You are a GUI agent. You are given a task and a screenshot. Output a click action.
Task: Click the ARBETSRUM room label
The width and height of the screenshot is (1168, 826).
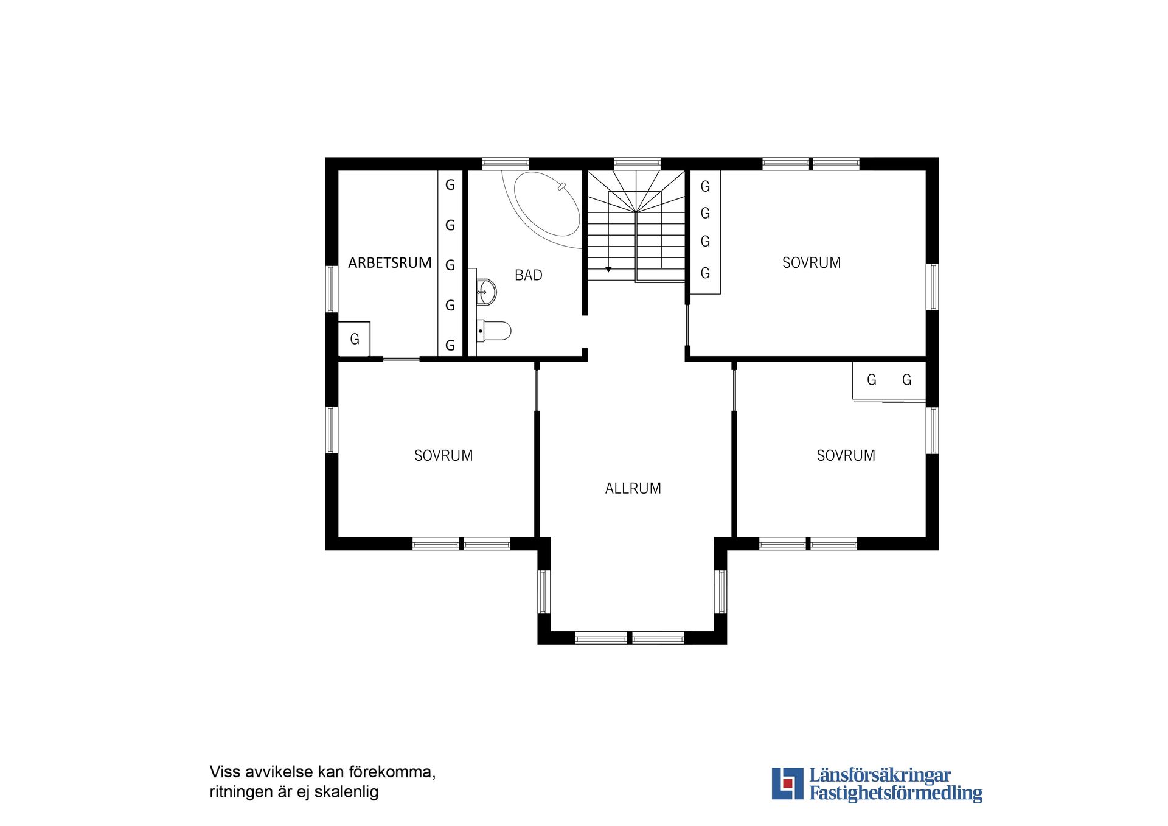pyautogui.click(x=389, y=263)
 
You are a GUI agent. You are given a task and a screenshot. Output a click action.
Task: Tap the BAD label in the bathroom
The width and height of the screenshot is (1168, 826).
pyautogui.click(x=528, y=275)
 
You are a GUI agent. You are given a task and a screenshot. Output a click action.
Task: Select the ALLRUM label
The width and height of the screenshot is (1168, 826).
pyautogui.click(x=633, y=488)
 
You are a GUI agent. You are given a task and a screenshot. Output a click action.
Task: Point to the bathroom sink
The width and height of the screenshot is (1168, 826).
pyautogui.click(x=486, y=292)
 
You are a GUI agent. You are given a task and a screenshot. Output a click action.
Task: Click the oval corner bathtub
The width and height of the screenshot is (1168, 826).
pyautogui.click(x=546, y=205)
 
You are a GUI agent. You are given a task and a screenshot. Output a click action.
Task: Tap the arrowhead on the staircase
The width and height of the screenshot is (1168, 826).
pyautogui.click(x=608, y=269)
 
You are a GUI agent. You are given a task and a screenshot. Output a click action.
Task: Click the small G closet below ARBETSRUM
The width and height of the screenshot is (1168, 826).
pyautogui.click(x=354, y=339)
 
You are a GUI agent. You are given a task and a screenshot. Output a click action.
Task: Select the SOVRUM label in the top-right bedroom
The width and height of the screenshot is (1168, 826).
pyautogui.click(x=811, y=263)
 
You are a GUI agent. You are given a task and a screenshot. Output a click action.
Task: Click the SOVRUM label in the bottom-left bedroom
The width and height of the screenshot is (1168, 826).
pyautogui.click(x=443, y=455)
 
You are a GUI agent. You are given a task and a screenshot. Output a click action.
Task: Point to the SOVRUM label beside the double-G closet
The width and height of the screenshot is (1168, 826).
pyautogui.click(x=846, y=455)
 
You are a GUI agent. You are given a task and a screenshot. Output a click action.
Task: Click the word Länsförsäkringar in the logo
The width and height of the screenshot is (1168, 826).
pyautogui.click(x=880, y=775)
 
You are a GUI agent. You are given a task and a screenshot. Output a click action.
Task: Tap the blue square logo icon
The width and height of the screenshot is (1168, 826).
pyautogui.click(x=787, y=783)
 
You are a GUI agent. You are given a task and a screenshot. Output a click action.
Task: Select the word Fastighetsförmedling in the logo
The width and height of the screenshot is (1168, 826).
pyautogui.click(x=895, y=793)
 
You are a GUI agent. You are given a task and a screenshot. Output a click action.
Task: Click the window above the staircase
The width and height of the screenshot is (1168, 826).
pyautogui.click(x=637, y=163)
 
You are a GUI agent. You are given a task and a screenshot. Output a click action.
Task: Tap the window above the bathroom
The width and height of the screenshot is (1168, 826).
pyautogui.click(x=505, y=163)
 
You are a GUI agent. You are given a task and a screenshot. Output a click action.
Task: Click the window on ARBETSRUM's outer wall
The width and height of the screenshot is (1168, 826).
pyautogui.click(x=332, y=289)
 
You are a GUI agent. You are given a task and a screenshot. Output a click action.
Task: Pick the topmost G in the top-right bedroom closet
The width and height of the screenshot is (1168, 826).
pyautogui.click(x=705, y=186)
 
